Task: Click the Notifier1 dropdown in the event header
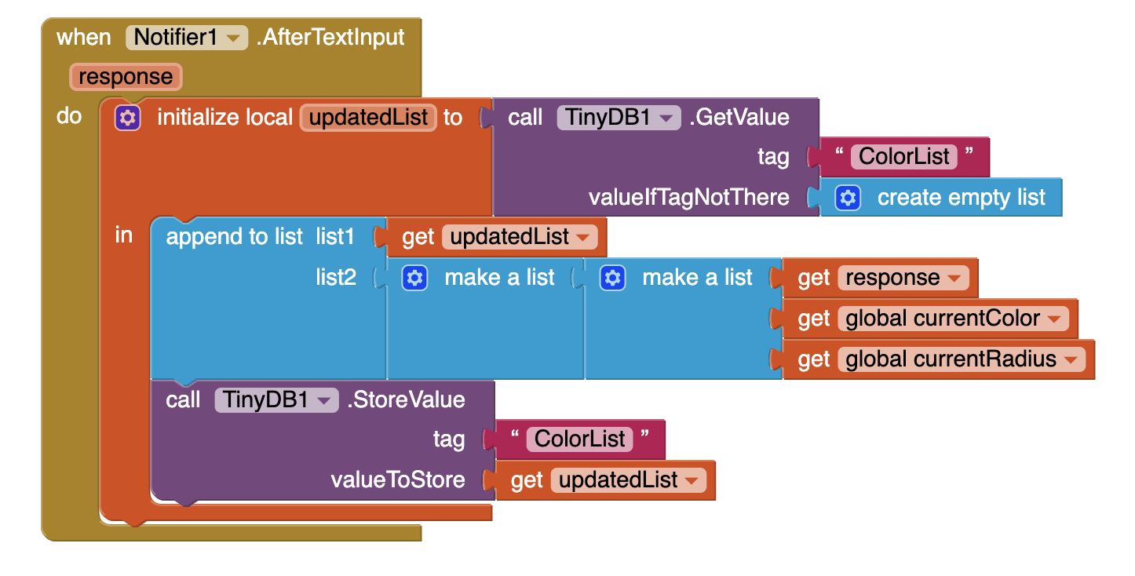[x=187, y=37]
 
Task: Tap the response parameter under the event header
[x=126, y=77]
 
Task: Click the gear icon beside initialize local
[x=127, y=118]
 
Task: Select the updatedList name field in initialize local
[x=368, y=118]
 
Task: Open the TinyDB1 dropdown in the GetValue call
[x=619, y=118]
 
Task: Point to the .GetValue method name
[x=739, y=118]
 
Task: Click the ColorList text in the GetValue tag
[x=904, y=156]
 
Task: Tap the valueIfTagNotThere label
[x=688, y=197]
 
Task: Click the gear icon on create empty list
[x=847, y=198]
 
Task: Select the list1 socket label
[x=335, y=237]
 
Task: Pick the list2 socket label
[x=335, y=278]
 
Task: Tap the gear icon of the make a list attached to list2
[x=414, y=278]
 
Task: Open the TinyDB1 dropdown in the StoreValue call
[x=276, y=400]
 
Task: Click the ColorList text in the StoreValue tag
[x=580, y=439]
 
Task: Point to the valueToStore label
[x=398, y=479]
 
